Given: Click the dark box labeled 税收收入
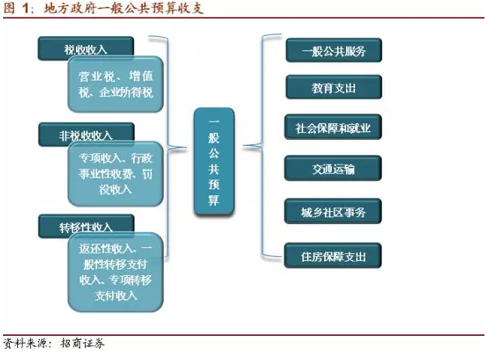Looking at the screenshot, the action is [86, 49].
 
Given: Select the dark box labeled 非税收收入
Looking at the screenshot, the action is [86, 135].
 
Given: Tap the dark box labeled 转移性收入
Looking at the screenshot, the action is [86, 226].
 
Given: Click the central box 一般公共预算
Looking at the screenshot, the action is [214, 162].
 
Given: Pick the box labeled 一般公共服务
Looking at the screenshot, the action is [333, 51].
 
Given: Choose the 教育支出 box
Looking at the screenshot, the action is [333, 88].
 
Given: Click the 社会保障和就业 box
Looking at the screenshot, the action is [333, 128].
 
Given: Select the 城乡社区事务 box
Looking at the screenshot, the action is [333, 212].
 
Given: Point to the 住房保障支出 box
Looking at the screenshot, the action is [333, 256].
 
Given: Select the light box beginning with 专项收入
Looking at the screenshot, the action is [115, 174].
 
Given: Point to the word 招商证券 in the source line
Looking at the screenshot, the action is [84, 343].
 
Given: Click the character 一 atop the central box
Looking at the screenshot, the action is [214, 120].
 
